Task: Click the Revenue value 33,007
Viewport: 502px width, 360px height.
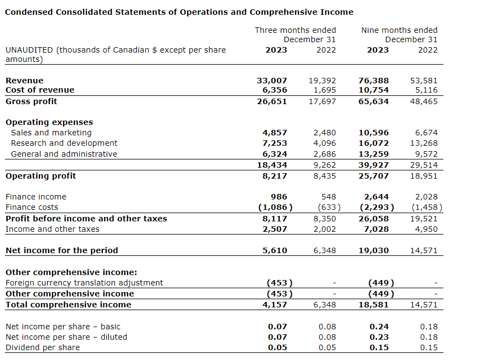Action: click(x=272, y=81)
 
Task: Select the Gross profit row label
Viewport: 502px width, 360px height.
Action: click(x=31, y=101)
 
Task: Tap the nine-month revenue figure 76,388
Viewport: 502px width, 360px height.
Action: click(x=373, y=81)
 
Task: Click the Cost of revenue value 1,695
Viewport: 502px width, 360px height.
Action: click(x=325, y=90)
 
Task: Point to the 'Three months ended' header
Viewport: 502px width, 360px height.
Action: click(x=295, y=30)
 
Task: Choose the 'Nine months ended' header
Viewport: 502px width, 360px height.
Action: click(x=399, y=30)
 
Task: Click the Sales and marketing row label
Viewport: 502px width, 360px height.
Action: click(x=51, y=133)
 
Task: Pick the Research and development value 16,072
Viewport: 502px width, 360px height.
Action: click(x=373, y=144)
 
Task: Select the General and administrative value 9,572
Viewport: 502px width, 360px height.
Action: click(x=426, y=154)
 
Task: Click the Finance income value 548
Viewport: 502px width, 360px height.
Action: click(x=328, y=197)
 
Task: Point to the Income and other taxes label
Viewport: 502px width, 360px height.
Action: click(x=53, y=229)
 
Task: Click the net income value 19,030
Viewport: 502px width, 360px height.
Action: click(x=373, y=250)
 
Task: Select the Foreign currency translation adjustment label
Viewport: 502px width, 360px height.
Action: click(x=84, y=283)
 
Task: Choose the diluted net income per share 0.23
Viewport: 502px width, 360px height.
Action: click(x=379, y=337)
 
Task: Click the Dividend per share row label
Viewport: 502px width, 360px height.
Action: click(x=43, y=347)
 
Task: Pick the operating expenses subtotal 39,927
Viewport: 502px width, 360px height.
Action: click(x=373, y=165)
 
